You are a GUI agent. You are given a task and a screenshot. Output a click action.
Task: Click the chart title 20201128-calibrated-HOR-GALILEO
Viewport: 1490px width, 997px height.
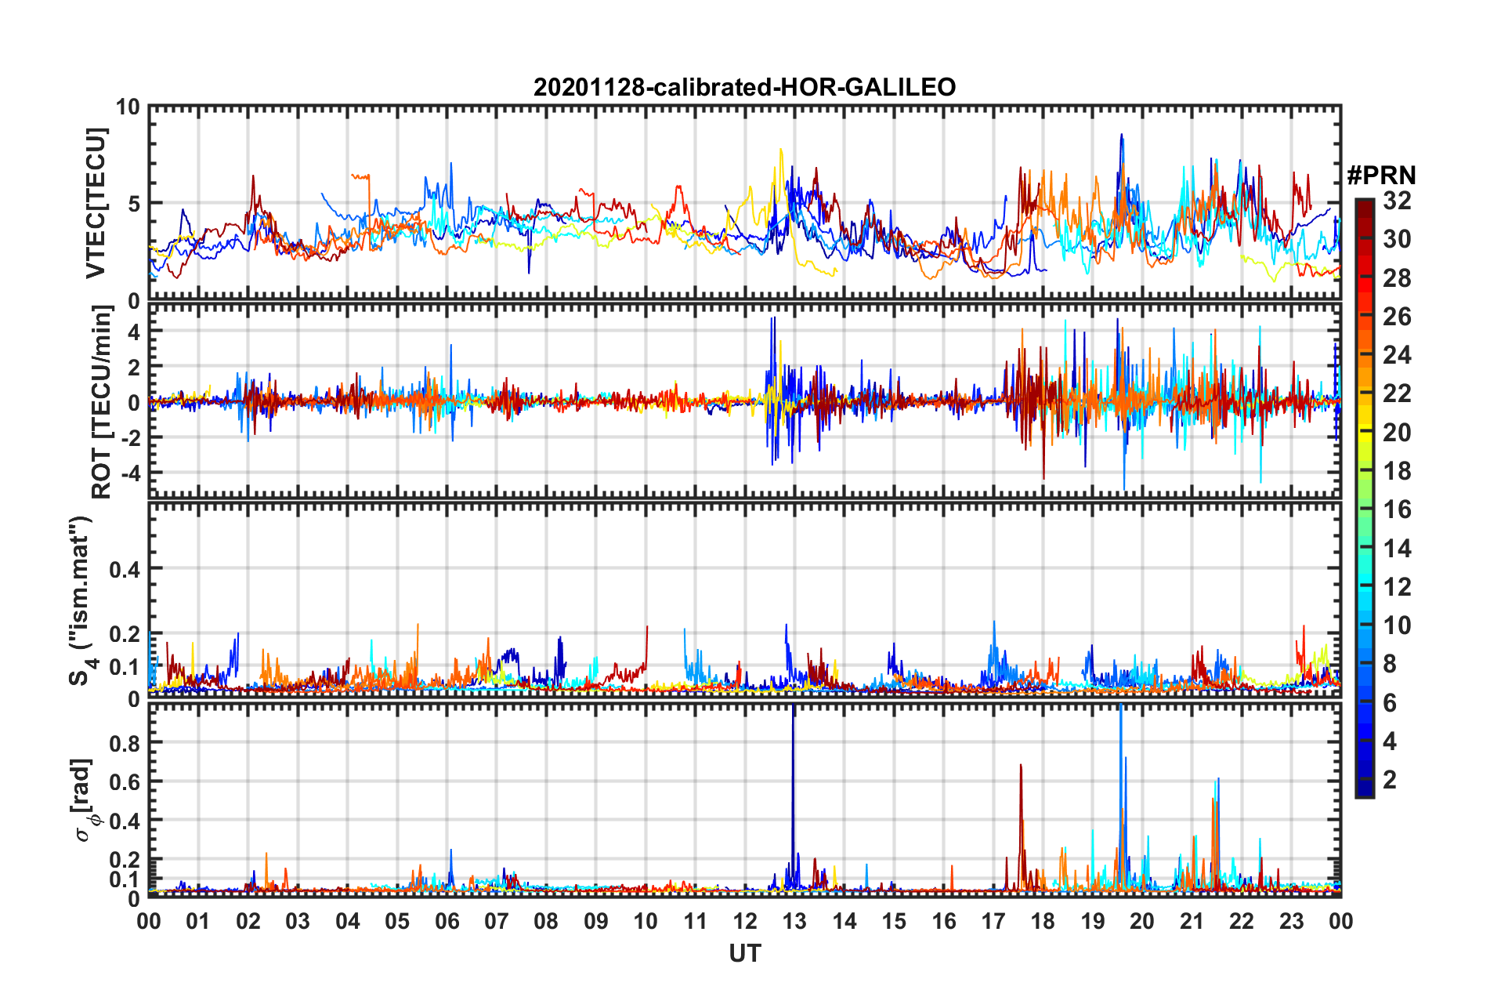[744, 87]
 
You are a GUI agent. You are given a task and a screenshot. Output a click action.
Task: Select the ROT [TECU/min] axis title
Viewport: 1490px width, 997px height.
[102, 402]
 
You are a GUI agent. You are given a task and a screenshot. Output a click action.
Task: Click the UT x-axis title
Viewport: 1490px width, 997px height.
[744, 953]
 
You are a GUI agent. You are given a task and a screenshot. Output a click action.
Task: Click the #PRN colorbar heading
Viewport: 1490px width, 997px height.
[1381, 176]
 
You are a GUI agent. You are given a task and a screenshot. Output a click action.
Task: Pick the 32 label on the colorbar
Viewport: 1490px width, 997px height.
[1397, 201]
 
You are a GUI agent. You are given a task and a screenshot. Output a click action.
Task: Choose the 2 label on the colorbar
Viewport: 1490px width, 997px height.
[1390, 779]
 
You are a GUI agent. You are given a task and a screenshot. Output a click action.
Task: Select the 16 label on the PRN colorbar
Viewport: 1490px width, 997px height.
[1397, 509]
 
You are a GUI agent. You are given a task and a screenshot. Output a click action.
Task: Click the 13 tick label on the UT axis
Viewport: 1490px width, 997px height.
[794, 921]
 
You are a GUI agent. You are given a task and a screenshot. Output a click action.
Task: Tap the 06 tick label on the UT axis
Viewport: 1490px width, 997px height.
[447, 921]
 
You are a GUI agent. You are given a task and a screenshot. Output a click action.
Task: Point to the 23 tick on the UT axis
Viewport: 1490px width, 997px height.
[1291, 921]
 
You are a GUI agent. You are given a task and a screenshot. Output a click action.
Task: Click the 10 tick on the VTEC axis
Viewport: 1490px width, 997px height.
[128, 107]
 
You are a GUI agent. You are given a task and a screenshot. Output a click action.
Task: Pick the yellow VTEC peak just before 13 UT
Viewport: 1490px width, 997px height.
[780, 150]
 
